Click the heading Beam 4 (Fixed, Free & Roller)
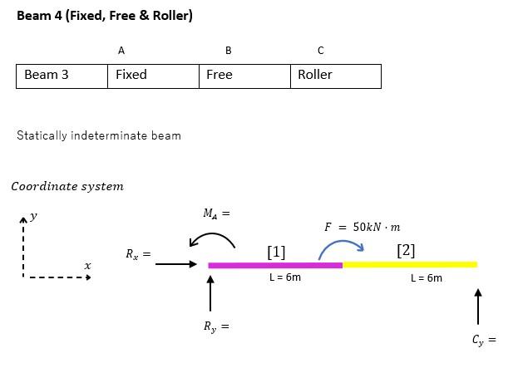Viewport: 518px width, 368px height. (x=105, y=16)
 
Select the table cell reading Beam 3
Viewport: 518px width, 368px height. (x=62, y=76)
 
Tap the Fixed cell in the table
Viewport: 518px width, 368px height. (x=152, y=76)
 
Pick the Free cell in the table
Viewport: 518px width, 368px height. (x=244, y=76)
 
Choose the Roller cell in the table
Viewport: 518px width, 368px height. (x=335, y=76)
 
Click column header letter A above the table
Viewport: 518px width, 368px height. (x=121, y=51)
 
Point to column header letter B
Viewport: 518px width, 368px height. (x=229, y=51)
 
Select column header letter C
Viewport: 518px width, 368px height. (x=321, y=51)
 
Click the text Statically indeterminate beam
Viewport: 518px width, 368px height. (x=98, y=135)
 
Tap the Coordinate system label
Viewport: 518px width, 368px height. (x=67, y=186)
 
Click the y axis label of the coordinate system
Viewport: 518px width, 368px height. (x=33, y=216)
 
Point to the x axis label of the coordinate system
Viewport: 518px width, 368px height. (x=86, y=265)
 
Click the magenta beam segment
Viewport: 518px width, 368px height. (x=275, y=265)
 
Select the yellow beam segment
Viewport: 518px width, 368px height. (x=411, y=265)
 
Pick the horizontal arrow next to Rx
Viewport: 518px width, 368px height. (x=176, y=265)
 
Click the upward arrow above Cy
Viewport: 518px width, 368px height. (x=477, y=307)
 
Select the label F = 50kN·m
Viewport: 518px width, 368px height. (x=363, y=227)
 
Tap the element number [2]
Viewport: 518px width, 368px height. (x=407, y=250)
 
